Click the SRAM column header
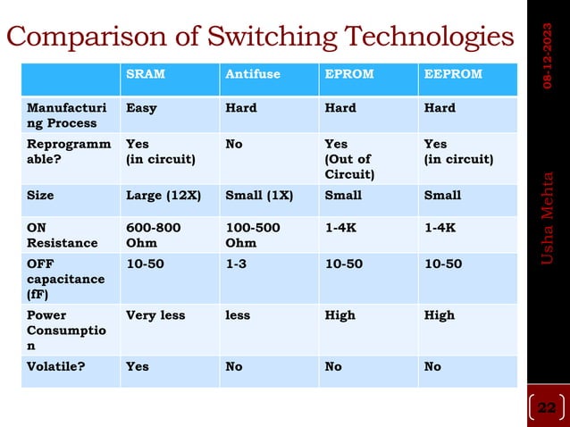point(146,74)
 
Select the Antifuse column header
point(250,74)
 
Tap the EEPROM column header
point(451,74)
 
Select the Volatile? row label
point(56,366)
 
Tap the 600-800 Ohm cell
point(154,235)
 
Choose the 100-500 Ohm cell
point(253,235)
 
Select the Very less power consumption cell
point(155,315)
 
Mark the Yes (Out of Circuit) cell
point(349,158)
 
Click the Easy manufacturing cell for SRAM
point(141,108)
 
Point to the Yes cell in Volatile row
point(138,366)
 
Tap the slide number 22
point(546,408)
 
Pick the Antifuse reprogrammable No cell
point(234,144)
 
